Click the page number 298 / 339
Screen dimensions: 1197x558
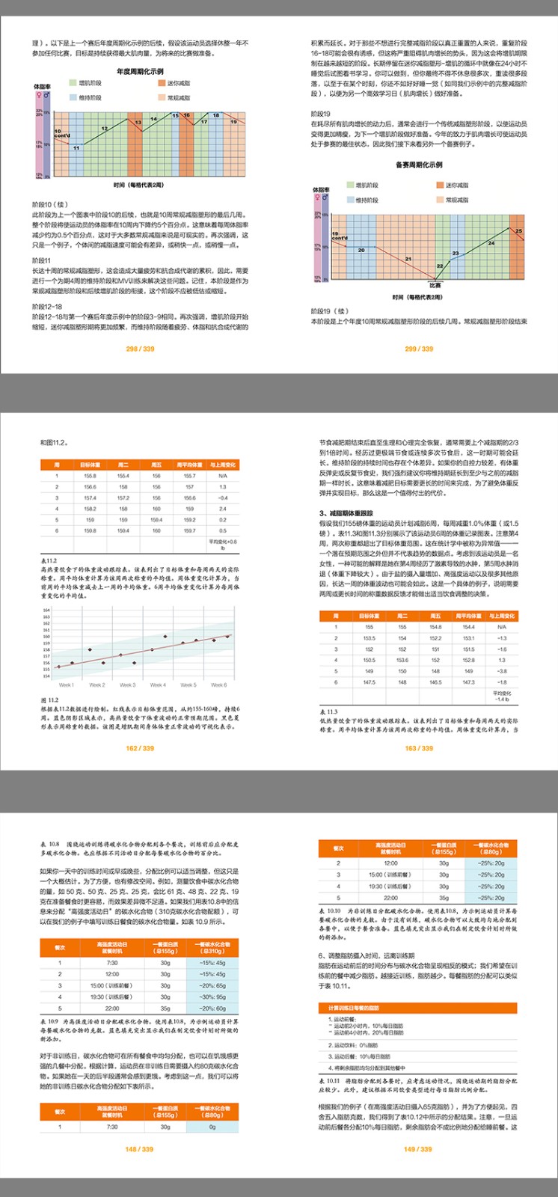(140, 349)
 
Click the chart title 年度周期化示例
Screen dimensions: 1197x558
(140, 72)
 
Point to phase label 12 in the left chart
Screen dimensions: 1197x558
(104, 129)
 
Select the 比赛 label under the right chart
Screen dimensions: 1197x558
(435, 284)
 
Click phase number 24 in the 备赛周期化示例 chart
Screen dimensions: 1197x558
(491, 243)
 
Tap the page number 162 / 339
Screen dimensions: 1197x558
(140, 748)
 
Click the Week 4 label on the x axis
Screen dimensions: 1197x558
(158, 685)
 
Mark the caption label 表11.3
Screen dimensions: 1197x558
(328, 711)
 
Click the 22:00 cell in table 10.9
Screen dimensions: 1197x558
(112, 1008)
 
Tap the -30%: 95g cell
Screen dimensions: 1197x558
(212, 997)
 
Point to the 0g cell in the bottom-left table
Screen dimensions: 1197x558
(212, 1127)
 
